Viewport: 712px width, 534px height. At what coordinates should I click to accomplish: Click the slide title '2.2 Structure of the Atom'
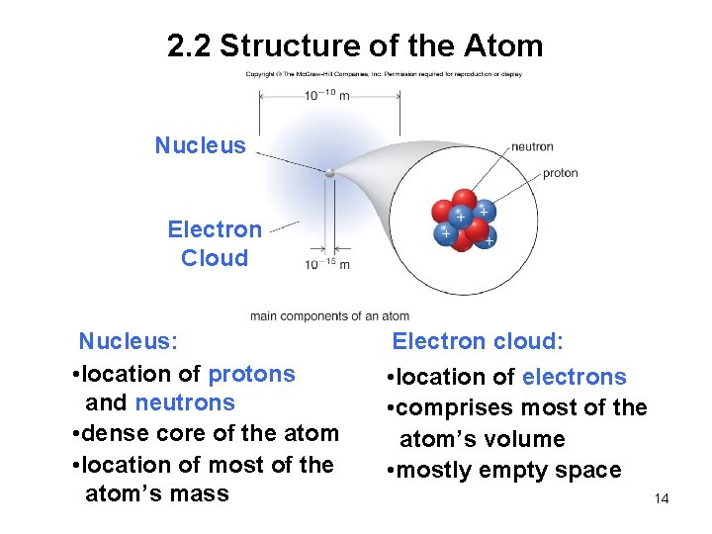point(355,45)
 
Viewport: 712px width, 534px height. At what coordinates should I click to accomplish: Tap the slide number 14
point(662,498)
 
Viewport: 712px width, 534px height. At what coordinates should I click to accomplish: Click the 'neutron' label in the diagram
point(532,147)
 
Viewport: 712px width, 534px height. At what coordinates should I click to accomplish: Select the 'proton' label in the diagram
point(560,174)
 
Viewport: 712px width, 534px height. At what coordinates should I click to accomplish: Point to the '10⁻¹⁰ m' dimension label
point(327,95)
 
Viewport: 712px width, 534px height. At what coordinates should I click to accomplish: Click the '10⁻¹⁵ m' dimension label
point(327,264)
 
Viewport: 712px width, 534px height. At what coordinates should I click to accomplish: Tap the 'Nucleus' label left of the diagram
point(200,145)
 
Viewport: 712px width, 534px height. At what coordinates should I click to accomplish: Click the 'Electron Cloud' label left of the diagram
point(215,243)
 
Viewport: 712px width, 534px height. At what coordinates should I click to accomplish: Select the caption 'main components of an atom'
point(329,316)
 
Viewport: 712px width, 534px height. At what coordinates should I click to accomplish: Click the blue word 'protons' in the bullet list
point(251,374)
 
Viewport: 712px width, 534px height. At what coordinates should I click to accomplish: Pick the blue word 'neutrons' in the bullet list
point(185,402)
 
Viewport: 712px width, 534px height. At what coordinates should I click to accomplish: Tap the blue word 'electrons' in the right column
point(574,377)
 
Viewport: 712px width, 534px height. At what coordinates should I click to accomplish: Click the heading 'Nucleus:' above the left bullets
point(129,342)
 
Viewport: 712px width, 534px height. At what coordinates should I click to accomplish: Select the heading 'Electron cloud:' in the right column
point(478,342)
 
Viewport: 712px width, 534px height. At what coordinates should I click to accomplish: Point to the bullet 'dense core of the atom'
point(211,433)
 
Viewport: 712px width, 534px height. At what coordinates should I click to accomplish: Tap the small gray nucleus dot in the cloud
point(330,173)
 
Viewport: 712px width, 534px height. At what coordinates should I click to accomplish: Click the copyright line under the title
point(384,74)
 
